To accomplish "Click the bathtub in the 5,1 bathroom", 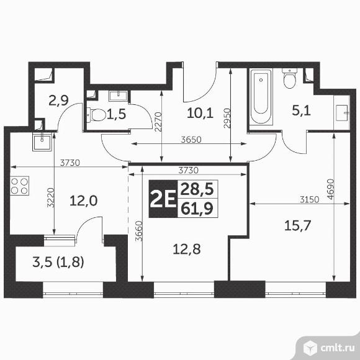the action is coord(261,96).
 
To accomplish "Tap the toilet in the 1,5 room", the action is coord(96,114).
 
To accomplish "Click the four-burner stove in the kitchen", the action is coord(19,186).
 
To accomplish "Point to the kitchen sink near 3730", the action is coord(42,142).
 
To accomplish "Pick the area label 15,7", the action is coord(297,225).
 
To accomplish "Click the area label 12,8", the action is coord(186,250).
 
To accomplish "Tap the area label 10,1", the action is coord(200,113).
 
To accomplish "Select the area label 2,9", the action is coord(58,101).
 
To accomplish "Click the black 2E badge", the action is coord(163,199).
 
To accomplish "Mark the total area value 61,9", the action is coord(197,209).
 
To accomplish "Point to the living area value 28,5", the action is coord(197,189).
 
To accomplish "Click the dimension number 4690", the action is coord(330,189).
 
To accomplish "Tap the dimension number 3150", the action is coord(310,200).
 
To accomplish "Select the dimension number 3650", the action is coord(191,140).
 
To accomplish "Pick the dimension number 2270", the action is coord(158,122).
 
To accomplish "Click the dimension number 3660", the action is coord(139,231).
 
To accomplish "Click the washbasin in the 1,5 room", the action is coord(118,96).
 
